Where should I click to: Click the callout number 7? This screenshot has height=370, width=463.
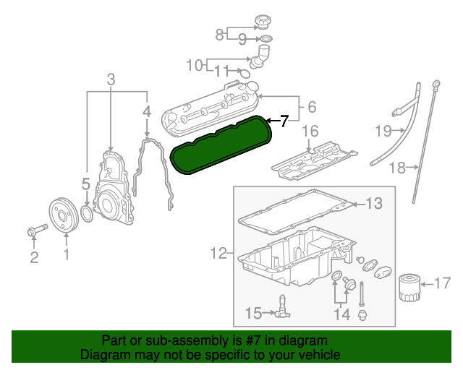pyautogui.click(x=284, y=121)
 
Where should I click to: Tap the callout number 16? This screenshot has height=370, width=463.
pyautogui.click(x=310, y=132)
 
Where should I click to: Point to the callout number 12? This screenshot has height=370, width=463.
pyautogui.click(x=218, y=253)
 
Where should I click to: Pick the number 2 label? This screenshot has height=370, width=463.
pyautogui.click(x=34, y=258)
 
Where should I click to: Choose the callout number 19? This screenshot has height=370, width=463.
pyautogui.click(x=383, y=131)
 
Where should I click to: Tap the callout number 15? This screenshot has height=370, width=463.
pyautogui.click(x=252, y=313)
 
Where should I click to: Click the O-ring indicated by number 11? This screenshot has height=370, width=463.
pyautogui.click(x=245, y=72)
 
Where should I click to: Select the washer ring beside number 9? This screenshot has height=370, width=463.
pyautogui.click(x=266, y=38)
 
